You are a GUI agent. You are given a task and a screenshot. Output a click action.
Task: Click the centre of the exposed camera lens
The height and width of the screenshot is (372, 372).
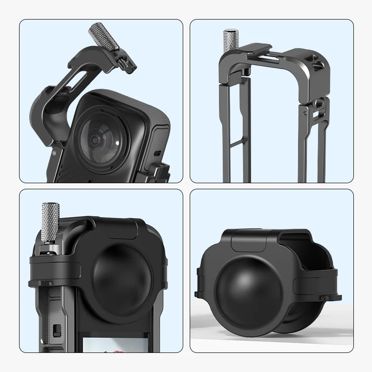[95, 139]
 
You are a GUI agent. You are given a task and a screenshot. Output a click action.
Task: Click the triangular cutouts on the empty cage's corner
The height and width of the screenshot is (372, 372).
[316, 61]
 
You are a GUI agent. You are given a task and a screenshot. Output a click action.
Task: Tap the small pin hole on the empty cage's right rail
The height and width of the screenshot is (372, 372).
[304, 112]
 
